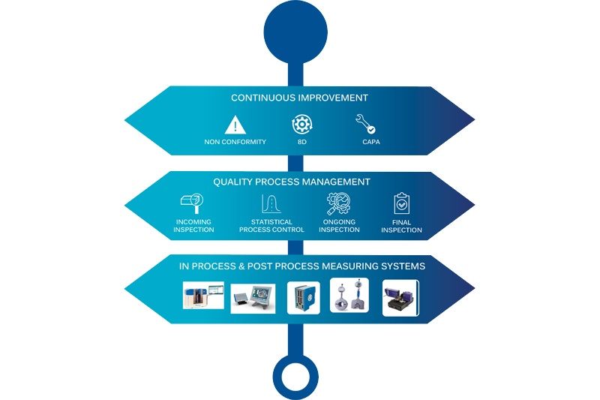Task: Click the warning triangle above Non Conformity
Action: [235, 125]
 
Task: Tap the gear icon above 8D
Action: [302, 125]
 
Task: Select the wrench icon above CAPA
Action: [365, 124]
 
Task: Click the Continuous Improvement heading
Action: [299, 98]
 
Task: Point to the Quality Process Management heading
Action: [292, 182]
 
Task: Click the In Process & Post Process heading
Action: [302, 266]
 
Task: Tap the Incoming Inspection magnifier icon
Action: [192, 203]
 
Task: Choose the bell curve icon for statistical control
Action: [271, 203]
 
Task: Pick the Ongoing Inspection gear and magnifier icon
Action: [339, 203]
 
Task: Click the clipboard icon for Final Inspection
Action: [401, 203]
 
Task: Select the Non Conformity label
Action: [235, 142]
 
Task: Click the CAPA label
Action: [371, 142]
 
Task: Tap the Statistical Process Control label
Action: [271, 226]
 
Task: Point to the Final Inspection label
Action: [401, 226]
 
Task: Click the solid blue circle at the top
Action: [295, 32]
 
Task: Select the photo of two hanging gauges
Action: [349, 296]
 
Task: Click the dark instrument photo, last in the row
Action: [400, 298]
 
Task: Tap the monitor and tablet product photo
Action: [253, 299]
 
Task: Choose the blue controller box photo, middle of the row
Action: [304, 298]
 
